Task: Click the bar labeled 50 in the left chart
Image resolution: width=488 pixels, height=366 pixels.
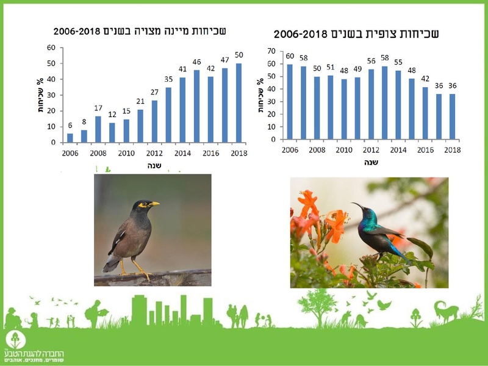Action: (239, 103)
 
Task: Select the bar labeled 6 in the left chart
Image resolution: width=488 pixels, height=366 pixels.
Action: (70, 138)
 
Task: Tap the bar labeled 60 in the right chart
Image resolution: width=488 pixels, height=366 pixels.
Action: (289, 101)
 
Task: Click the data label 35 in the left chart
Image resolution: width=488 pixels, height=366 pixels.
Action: (168, 80)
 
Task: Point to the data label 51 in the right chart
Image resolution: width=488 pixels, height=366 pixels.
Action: (331, 68)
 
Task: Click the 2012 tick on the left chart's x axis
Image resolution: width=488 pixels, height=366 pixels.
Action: (154, 153)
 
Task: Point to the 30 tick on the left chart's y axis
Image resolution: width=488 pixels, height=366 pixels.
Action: (54, 95)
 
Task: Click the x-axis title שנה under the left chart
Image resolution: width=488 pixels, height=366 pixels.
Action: (154, 165)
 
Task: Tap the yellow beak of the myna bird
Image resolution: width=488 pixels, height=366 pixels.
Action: (155, 203)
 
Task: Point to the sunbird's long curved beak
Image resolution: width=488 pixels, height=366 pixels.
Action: (358, 209)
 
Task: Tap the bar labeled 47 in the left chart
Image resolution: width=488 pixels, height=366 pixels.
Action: (225, 105)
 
